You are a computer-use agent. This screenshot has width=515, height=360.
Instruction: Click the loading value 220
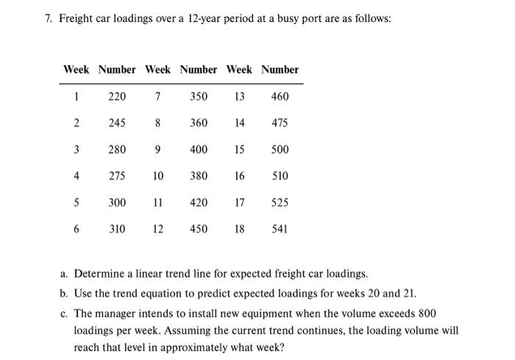117,96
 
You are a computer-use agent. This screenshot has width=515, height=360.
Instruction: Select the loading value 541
280,229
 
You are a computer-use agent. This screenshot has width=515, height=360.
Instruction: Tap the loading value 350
199,96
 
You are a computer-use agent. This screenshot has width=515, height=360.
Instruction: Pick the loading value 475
280,123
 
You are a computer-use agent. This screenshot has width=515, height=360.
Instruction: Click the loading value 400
199,149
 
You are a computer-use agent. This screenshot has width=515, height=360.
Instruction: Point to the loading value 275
117,176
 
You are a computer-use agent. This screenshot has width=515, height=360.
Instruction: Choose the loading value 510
280,176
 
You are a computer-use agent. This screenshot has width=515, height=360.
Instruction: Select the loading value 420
199,202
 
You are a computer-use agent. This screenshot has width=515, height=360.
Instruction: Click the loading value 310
117,229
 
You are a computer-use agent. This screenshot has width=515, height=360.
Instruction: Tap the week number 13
239,96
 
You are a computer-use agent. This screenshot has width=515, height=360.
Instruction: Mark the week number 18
239,229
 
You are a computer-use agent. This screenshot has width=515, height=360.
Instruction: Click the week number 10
158,176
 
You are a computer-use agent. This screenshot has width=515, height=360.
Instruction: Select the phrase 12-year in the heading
210,17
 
